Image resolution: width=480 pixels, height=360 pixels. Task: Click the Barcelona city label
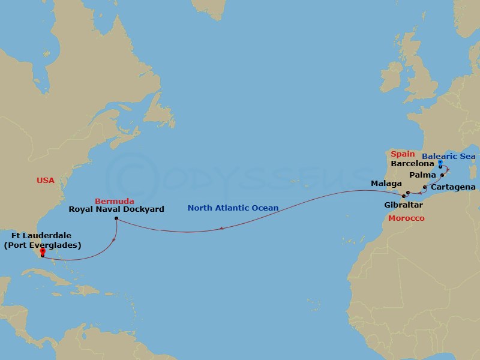(x=412, y=163)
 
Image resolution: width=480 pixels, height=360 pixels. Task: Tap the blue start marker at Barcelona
(x=440, y=163)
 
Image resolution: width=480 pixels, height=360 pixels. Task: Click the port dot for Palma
(x=442, y=175)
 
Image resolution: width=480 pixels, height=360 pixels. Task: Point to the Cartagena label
(x=454, y=187)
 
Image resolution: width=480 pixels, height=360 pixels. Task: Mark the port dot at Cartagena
(x=425, y=188)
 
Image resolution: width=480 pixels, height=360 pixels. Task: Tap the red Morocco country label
(x=406, y=218)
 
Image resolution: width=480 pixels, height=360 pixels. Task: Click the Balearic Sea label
(x=448, y=157)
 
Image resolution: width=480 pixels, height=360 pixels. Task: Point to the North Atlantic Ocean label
(x=233, y=208)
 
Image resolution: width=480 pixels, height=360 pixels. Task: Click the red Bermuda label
(x=115, y=200)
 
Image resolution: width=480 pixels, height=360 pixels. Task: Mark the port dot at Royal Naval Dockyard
(x=115, y=219)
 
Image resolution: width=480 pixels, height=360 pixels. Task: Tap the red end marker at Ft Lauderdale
(x=42, y=252)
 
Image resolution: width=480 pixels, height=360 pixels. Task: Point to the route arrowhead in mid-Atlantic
(x=222, y=228)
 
